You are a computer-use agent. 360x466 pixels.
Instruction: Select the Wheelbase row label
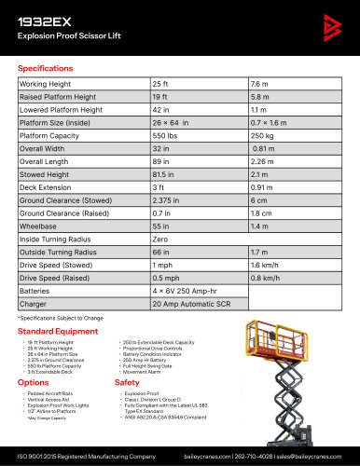(38, 226)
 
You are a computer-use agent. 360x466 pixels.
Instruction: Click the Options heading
(33, 382)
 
